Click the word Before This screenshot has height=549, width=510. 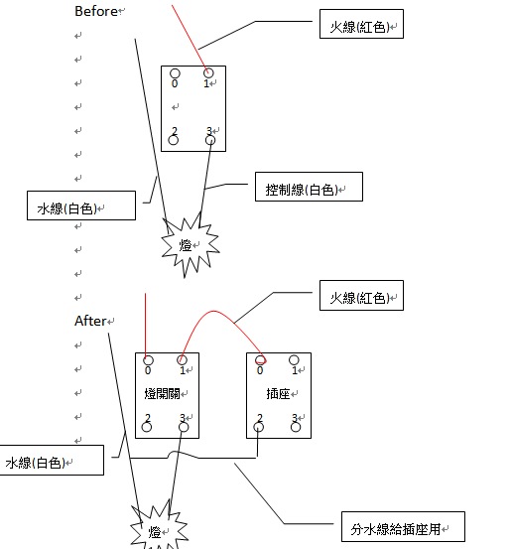click(x=96, y=11)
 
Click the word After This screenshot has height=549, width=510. click(x=90, y=321)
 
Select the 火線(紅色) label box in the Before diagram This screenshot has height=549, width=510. click(x=361, y=24)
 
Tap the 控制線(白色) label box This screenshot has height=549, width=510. click(x=309, y=187)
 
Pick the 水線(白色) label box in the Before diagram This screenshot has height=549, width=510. click(x=81, y=206)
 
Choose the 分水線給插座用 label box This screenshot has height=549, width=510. click(x=403, y=526)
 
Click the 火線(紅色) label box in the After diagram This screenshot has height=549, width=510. click(x=361, y=295)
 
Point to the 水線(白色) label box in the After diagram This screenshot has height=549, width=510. click(x=52, y=460)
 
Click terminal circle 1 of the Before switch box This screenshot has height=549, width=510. click(x=208, y=72)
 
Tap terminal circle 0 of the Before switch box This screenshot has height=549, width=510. click(x=175, y=73)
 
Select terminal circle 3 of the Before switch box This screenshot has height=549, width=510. click(x=210, y=140)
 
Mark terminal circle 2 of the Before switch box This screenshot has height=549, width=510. click(x=174, y=140)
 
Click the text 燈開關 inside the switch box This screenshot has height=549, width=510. click(x=162, y=394)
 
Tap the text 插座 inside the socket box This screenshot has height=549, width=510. click(x=278, y=394)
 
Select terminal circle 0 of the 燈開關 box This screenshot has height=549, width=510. click(x=148, y=360)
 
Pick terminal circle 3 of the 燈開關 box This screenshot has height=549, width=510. click(x=184, y=427)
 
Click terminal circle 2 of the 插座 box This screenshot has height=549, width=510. click(x=259, y=427)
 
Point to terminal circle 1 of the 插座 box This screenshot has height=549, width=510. click(x=294, y=360)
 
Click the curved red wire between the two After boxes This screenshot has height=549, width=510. click(x=214, y=311)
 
